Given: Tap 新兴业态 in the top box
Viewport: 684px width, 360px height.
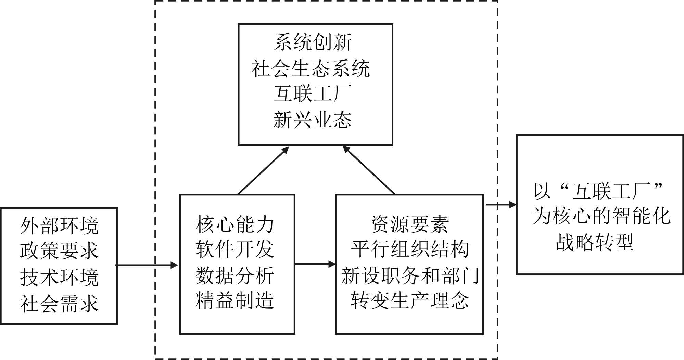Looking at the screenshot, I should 313,120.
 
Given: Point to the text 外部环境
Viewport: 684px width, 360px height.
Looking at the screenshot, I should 59,226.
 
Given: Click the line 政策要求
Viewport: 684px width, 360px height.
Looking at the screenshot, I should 59,252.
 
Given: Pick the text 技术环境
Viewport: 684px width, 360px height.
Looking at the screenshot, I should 59,278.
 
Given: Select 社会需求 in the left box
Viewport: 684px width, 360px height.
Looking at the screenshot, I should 59,304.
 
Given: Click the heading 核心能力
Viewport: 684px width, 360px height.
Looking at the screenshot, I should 235,224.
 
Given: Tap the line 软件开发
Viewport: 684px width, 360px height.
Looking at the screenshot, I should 235,249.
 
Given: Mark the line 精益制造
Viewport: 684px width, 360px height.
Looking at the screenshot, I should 235,301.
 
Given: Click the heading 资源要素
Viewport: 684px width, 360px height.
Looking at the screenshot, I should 410,224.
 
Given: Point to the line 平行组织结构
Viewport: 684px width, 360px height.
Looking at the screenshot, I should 410,249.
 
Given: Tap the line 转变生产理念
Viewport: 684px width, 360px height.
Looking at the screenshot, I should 410,301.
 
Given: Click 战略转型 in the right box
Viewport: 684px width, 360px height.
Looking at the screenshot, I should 595,243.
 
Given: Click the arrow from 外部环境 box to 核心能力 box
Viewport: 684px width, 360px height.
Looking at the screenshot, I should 147,265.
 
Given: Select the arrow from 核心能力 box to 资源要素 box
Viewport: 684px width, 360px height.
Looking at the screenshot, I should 315,264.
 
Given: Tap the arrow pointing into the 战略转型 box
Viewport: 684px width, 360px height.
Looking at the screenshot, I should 501,205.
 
